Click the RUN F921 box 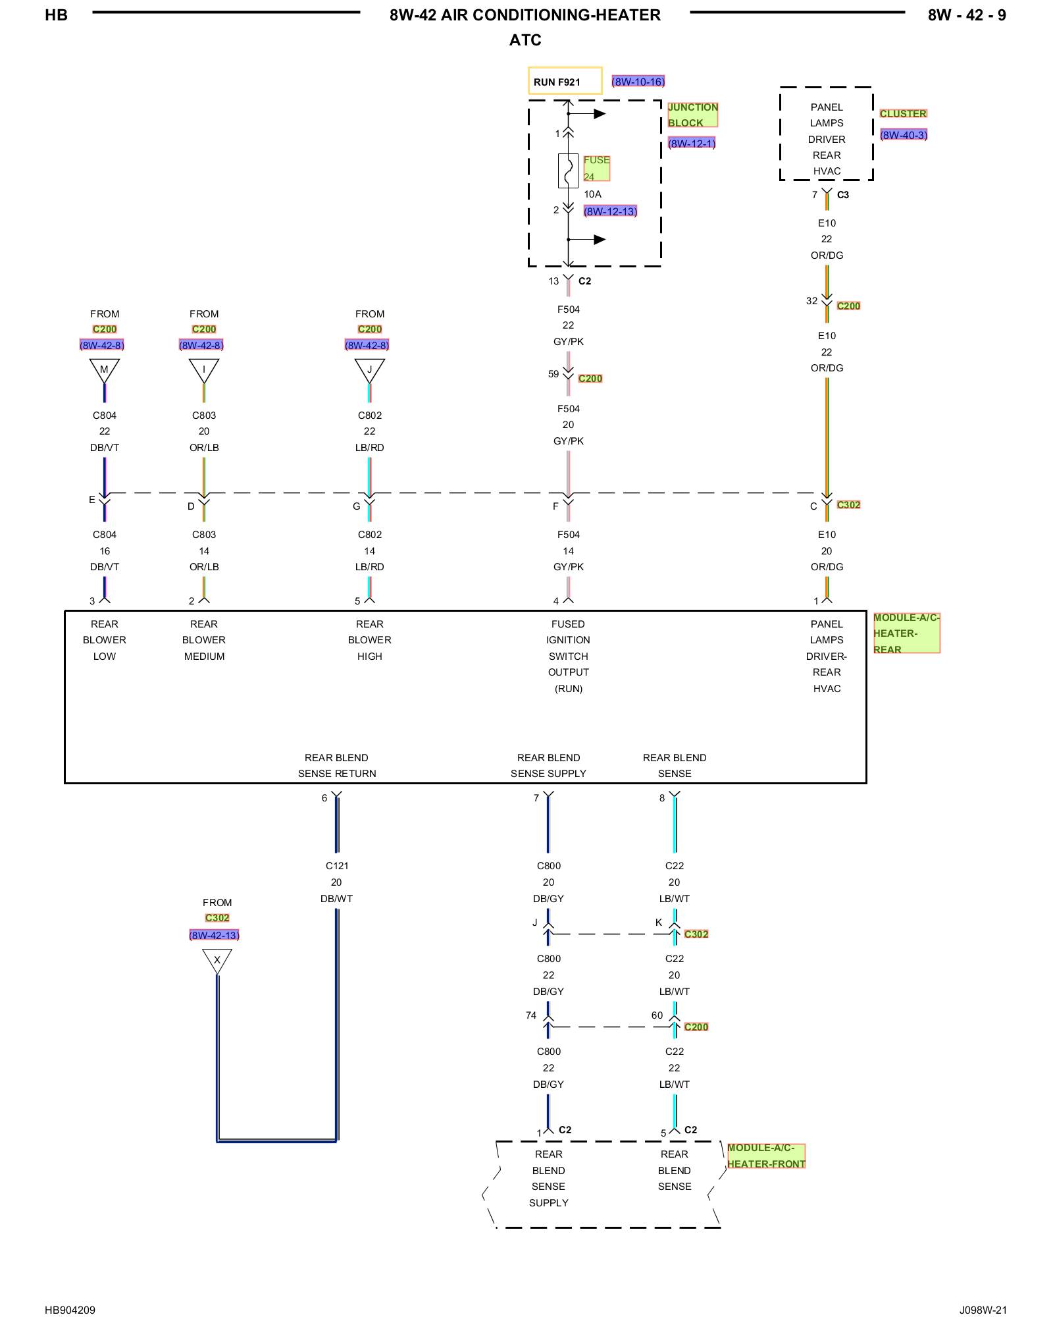point(565,81)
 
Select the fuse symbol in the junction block point(568,171)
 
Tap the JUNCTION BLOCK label point(692,115)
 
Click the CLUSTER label point(903,113)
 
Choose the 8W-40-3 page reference point(904,135)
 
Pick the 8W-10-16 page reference point(638,82)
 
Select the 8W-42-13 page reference point(215,935)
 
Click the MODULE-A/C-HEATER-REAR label point(906,633)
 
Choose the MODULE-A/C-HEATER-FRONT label point(766,1156)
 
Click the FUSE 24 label point(596,168)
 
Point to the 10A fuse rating point(592,194)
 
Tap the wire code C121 point(337,866)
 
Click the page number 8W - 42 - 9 point(967,15)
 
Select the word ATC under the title point(525,40)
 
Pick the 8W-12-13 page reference point(610,211)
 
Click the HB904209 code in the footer point(70,1310)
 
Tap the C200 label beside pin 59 point(590,379)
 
